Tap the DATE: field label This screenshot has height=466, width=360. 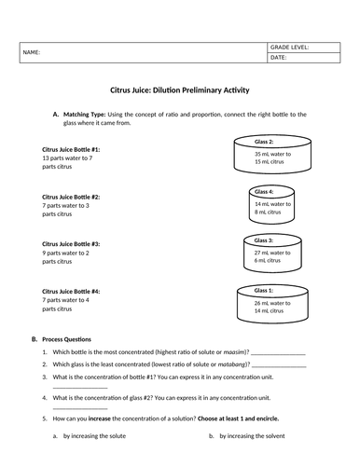click(x=280, y=58)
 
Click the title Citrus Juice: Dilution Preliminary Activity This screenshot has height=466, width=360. click(x=178, y=81)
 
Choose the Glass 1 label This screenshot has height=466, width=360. click(x=271, y=291)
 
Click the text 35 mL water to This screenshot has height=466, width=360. click(x=272, y=154)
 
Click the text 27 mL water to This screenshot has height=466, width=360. click(x=272, y=252)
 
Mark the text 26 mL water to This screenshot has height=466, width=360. click(x=272, y=303)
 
